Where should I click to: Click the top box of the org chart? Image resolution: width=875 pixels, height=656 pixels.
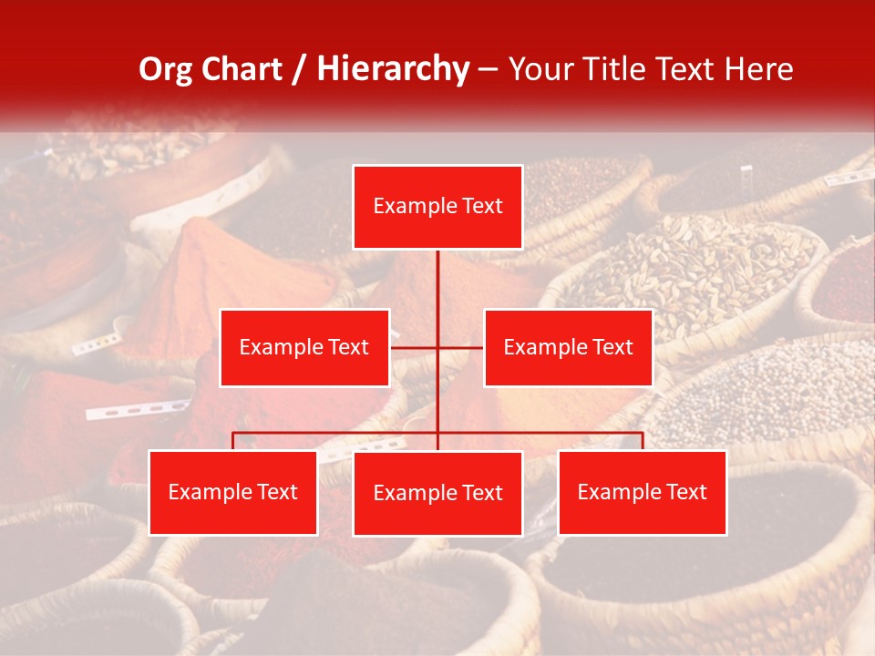tap(437, 207)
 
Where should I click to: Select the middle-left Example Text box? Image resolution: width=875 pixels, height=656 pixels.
tap(304, 347)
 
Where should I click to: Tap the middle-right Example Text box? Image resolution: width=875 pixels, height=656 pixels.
tap(568, 347)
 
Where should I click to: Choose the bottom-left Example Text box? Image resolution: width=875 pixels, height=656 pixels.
tap(233, 492)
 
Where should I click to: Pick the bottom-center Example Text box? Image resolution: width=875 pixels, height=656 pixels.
tap(437, 493)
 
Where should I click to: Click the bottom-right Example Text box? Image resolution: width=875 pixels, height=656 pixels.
tap(642, 492)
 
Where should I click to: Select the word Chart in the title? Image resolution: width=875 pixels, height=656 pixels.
tap(240, 69)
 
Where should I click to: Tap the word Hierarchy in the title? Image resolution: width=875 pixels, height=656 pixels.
tap(392, 69)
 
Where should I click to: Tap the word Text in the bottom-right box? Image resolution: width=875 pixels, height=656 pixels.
tap(685, 492)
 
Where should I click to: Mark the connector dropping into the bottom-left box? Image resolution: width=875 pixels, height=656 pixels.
tap(233, 441)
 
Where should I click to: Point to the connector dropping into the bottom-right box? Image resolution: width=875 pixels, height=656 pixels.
tap(643, 441)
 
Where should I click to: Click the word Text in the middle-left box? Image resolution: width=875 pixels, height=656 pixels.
tap(347, 347)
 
